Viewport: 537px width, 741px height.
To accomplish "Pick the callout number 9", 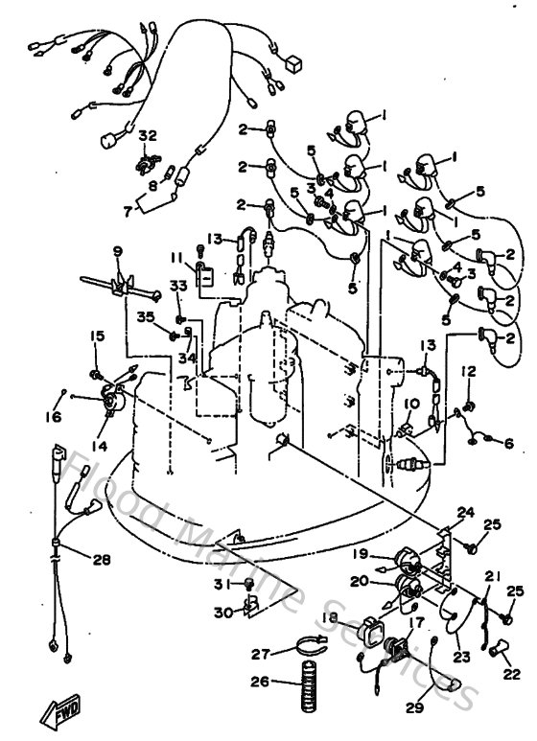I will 117,251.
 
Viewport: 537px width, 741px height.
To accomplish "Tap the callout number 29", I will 413,707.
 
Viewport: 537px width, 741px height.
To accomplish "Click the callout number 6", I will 507,443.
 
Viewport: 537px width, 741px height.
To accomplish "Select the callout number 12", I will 468,371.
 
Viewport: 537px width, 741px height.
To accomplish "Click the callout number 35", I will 144,316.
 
